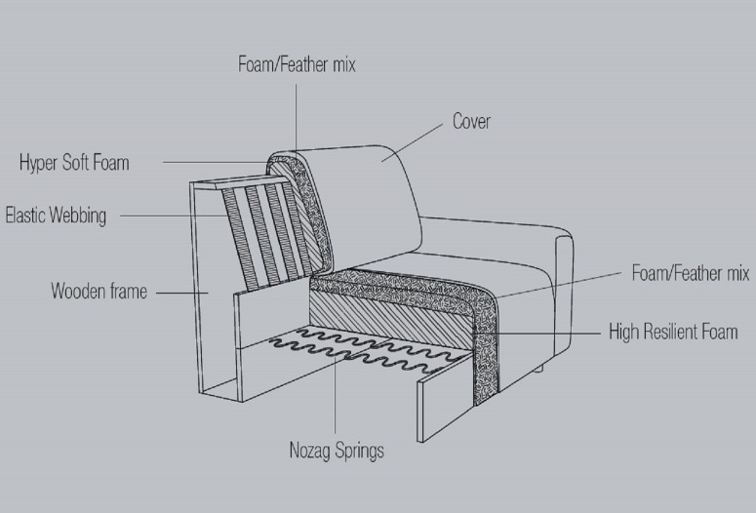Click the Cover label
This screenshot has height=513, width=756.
(471, 121)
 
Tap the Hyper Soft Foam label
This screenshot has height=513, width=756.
(74, 163)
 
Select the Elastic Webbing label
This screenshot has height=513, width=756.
(56, 216)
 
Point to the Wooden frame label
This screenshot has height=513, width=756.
(99, 292)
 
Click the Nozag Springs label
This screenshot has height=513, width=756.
(337, 451)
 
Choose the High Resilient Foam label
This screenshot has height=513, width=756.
(673, 332)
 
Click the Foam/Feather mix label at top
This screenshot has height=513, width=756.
(297, 64)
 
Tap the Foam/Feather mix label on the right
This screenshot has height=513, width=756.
(691, 273)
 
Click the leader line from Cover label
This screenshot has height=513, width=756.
(412, 142)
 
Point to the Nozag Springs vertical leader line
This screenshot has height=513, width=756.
(336, 394)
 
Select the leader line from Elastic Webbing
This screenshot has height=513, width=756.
(174, 216)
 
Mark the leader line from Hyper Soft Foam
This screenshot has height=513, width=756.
(215, 163)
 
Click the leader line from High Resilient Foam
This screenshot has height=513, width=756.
(537, 334)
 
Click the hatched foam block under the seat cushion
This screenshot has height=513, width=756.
(390, 318)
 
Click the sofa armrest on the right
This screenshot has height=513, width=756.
(564, 299)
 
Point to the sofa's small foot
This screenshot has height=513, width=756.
(539, 370)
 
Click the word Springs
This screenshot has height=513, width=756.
(360, 451)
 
